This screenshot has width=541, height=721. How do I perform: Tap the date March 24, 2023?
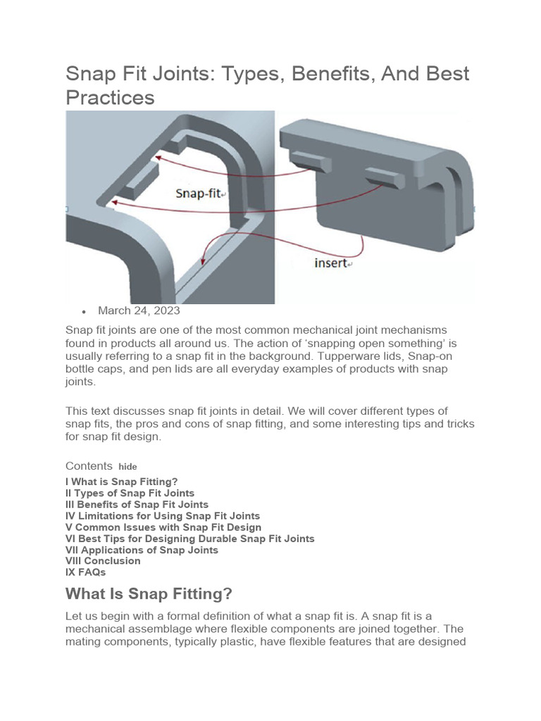(139, 311)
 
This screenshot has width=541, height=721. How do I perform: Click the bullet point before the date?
(84, 311)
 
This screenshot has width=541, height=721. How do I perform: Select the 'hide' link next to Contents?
(128, 467)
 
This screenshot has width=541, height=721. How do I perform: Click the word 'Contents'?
(89, 465)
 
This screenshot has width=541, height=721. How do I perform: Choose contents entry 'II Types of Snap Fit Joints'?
(130, 493)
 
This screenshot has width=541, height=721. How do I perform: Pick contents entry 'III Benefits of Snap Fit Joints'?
(137, 504)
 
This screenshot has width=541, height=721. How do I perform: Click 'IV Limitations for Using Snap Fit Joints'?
(162, 515)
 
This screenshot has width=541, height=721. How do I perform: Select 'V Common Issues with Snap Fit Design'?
(163, 527)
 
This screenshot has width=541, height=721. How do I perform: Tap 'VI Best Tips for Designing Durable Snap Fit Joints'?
(189, 538)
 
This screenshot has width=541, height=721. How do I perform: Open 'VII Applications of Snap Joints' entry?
(142, 549)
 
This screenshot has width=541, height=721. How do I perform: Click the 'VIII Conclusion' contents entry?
(103, 560)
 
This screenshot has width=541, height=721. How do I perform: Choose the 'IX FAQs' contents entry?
(85, 572)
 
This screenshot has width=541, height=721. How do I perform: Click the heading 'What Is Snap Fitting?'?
(149, 594)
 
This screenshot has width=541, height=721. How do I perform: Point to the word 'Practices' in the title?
(110, 97)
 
